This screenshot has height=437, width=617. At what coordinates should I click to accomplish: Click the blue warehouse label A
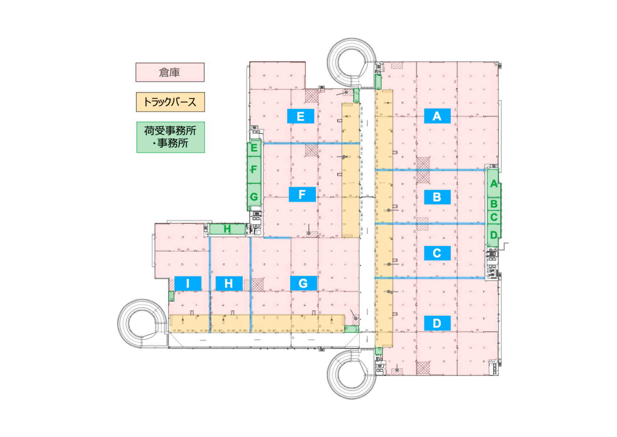click(x=437, y=116)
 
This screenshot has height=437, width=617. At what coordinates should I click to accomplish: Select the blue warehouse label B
click(x=437, y=197)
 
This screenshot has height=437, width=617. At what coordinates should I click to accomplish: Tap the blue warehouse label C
click(x=437, y=253)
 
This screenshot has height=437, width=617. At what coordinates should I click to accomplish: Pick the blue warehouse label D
click(x=437, y=323)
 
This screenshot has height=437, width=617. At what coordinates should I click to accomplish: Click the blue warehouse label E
click(x=301, y=116)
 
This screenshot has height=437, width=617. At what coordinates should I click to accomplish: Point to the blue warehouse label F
click(x=302, y=195)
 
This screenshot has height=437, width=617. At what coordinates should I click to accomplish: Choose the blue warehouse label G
click(x=303, y=283)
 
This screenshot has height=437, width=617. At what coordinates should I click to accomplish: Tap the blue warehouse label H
click(x=229, y=283)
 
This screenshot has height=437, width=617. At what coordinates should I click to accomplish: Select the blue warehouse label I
click(x=188, y=283)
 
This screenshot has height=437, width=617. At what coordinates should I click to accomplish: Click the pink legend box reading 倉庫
click(x=170, y=72)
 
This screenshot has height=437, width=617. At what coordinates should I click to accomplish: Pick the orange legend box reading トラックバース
click(x=170, y=102)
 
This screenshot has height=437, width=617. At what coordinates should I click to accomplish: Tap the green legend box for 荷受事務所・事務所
click(x=171, y=137)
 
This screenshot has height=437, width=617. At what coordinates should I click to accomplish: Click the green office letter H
click(x=227, y=229)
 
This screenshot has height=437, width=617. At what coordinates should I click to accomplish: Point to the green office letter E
click(x=254, y=147)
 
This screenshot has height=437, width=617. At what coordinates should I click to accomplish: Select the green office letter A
click(x=494, y=184)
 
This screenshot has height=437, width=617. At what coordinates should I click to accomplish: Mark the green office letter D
click(x=494, y=235)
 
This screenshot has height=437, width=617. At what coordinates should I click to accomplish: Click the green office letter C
click(x=494, y=217)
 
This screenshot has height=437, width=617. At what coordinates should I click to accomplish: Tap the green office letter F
click(x=254, y=169)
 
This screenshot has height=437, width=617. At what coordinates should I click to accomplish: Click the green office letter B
click(x=494, y=204)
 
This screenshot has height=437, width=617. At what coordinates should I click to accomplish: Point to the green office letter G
click(x=254, y=197)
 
